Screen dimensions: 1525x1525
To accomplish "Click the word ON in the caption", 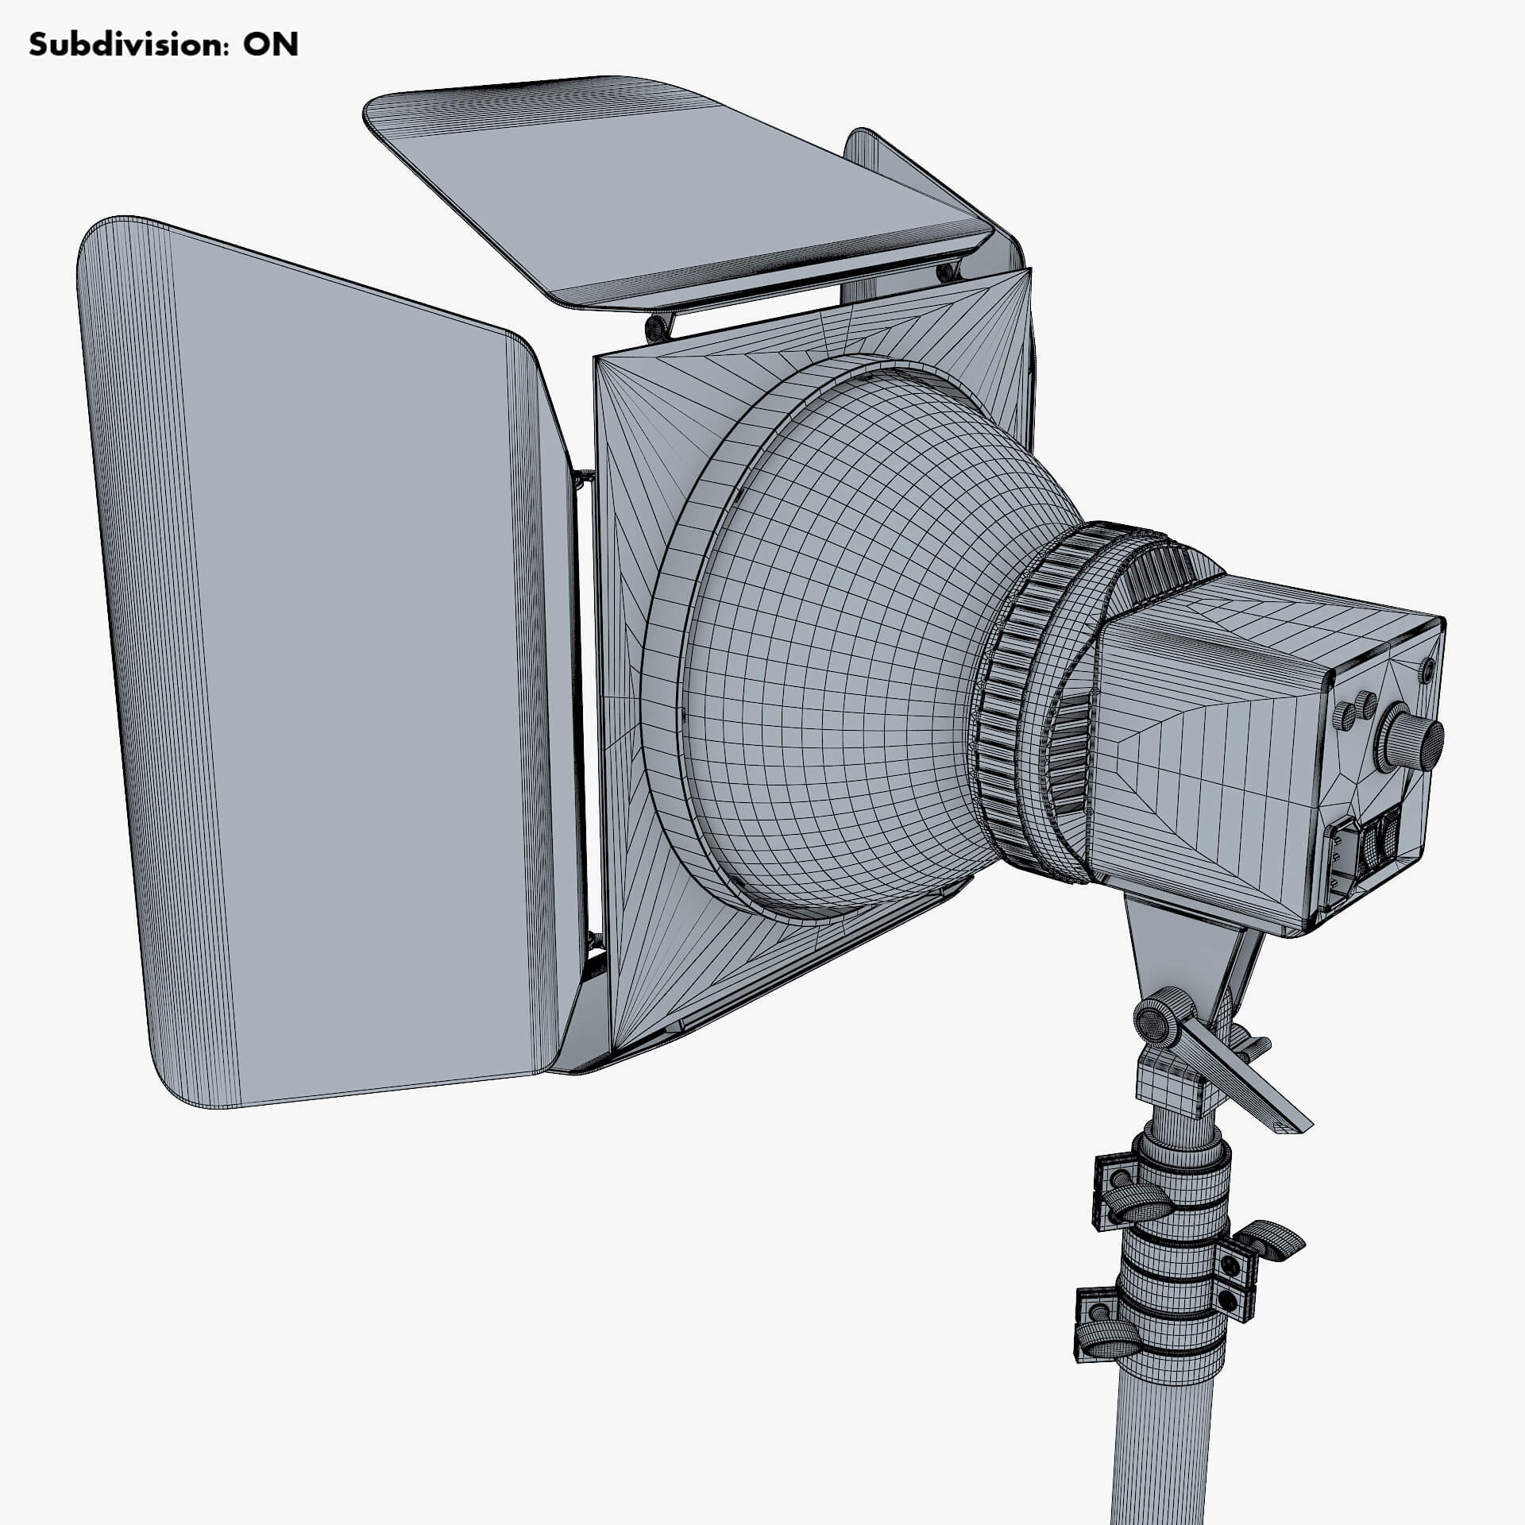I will pyautogui.click(x=271, y=45).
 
